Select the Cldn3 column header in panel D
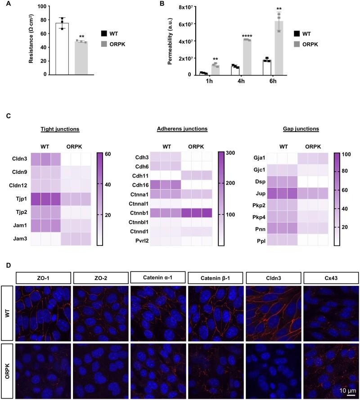pyautogui.click(x=274, y=277)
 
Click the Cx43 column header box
pyautogui.click(x=331, y=277)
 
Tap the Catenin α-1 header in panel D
pyautogui.click(x=158, y=277)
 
